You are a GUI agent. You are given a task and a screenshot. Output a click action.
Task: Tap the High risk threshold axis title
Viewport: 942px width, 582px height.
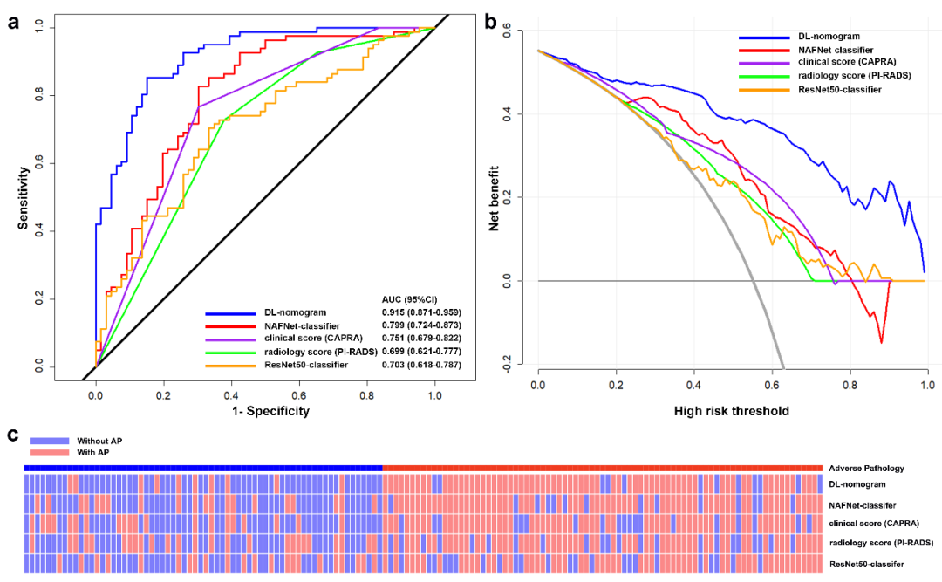(x=731, y=411)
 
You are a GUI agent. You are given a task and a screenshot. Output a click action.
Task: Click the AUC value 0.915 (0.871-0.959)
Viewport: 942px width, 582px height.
(x=421, y=312)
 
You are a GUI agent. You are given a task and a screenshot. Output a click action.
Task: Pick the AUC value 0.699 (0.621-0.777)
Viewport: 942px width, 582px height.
(x=421, y=351)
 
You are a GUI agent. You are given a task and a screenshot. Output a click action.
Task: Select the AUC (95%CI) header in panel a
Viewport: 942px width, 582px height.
(x=410, y=298)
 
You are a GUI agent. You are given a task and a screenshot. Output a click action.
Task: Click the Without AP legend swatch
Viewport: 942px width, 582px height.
(x=48, y=442)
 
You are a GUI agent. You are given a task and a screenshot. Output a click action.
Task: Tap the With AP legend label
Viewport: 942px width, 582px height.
(x=94, y=452)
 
